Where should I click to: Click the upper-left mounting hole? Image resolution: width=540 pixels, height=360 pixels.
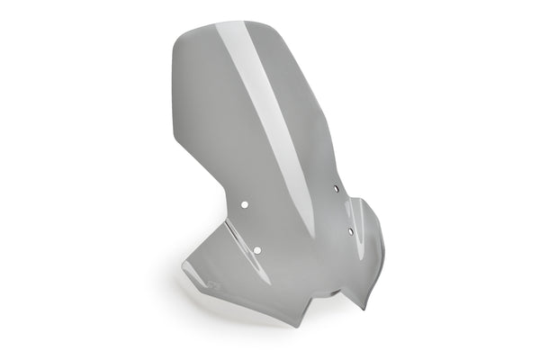tap(244, 204)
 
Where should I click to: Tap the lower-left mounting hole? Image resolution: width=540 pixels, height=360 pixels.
tap(257, 248)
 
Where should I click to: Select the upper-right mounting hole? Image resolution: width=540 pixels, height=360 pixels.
tap(335, 188)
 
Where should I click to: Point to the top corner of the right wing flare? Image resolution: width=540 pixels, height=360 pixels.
tap(363, 200)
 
